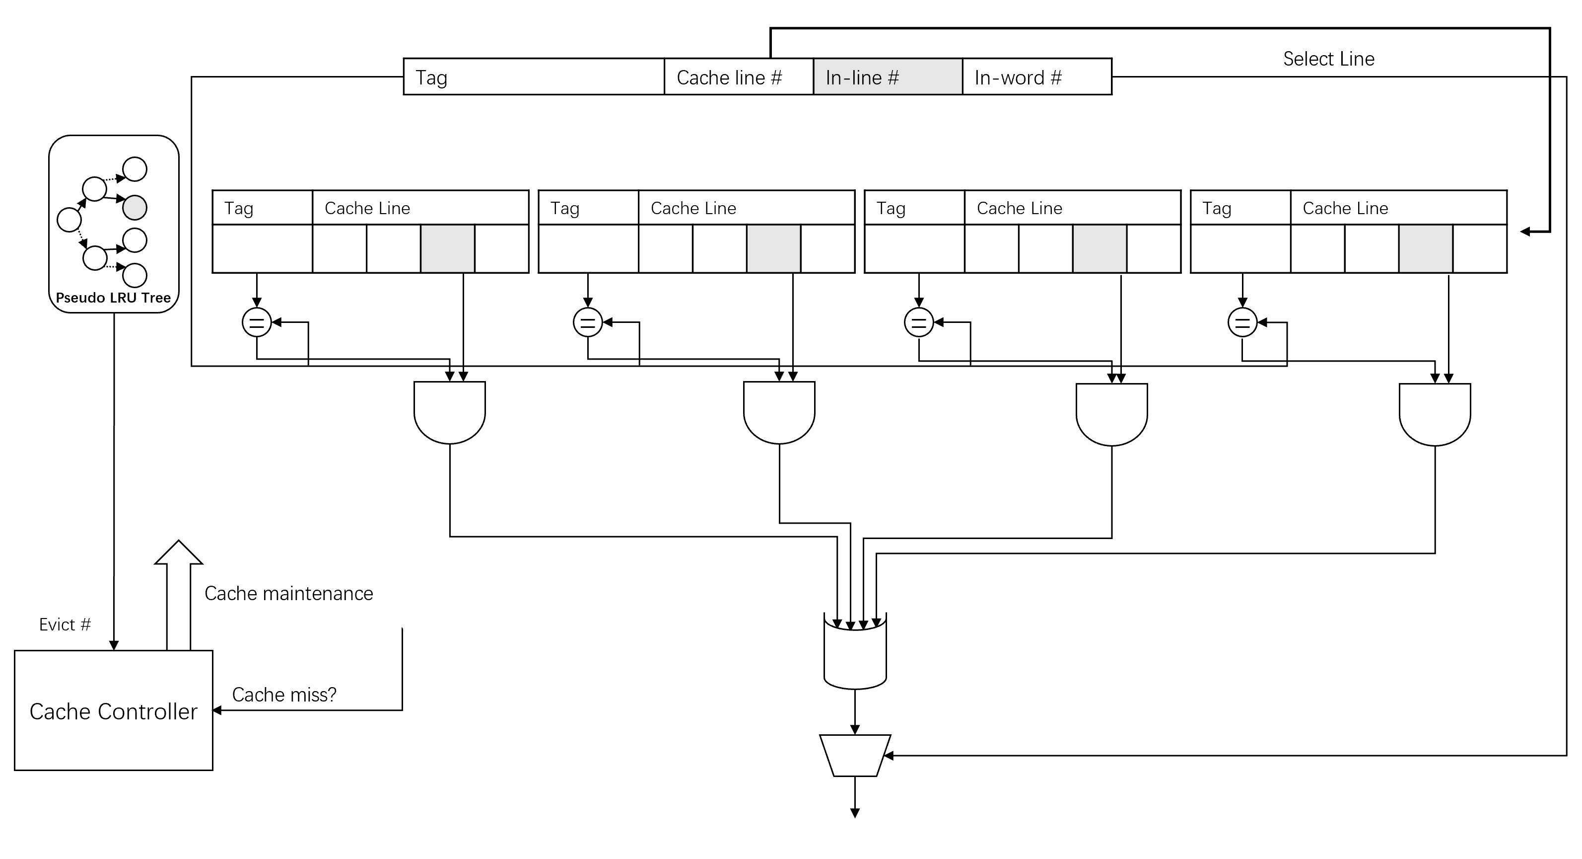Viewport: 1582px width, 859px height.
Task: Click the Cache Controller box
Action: coord(114,710)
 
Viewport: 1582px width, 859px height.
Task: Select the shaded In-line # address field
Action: coord(888,77)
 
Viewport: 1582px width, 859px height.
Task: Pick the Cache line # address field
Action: coord(739,77)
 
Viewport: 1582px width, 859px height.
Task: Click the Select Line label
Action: coord(1328,59)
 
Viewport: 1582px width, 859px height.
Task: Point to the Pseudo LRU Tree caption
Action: coord(113,298)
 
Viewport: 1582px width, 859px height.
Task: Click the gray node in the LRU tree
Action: coord(135,208)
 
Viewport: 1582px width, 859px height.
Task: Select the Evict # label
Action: coord(65,625)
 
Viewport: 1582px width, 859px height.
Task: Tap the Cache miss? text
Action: coord(284,695)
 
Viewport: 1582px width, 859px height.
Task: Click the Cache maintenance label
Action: coord(288,594)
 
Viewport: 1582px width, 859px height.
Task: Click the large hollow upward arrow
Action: coord(179,595)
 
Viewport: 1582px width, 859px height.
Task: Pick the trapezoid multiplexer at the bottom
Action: coord(855,755)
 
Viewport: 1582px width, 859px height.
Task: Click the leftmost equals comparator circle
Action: coord(257,322)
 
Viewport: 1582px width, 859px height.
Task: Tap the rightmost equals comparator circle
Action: coord(1242,322)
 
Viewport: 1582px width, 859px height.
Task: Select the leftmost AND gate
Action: coord(450,412)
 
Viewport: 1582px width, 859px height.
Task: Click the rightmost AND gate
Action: coord(1435,415)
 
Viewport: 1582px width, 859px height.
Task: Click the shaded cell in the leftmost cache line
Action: coord(448,248)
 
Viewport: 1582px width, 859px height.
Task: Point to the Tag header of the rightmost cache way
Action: coord(1217,208)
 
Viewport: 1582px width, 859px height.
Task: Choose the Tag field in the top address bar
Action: coord(534,77)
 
